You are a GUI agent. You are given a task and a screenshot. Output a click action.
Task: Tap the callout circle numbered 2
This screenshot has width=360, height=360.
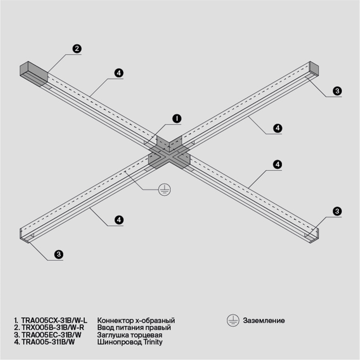(x=76, y=49)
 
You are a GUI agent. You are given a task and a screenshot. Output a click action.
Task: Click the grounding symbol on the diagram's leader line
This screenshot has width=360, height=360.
(x=164, y=189)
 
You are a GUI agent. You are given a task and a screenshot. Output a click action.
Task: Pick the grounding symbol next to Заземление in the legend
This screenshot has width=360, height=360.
(x=232, y=320)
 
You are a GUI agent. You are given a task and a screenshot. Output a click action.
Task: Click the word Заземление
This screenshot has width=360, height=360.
(x=264, y=320)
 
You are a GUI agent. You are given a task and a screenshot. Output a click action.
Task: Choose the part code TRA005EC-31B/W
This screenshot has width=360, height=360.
(x=51, y=334)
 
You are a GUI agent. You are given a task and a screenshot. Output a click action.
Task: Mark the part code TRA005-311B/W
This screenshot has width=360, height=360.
(x=48, y=341)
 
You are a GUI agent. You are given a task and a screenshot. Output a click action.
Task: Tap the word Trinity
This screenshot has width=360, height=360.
(x=153, y=341)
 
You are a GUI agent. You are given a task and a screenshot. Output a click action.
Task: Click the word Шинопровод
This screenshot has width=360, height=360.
(x=118, y=341)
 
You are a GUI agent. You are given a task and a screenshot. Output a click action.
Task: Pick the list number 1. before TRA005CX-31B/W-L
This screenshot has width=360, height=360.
(x=16, y=320)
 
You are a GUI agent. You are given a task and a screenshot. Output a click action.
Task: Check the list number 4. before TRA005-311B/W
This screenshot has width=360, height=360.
(x=17, y=341)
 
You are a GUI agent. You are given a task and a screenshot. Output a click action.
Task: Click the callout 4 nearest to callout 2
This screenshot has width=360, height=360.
(x=118, y=73)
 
